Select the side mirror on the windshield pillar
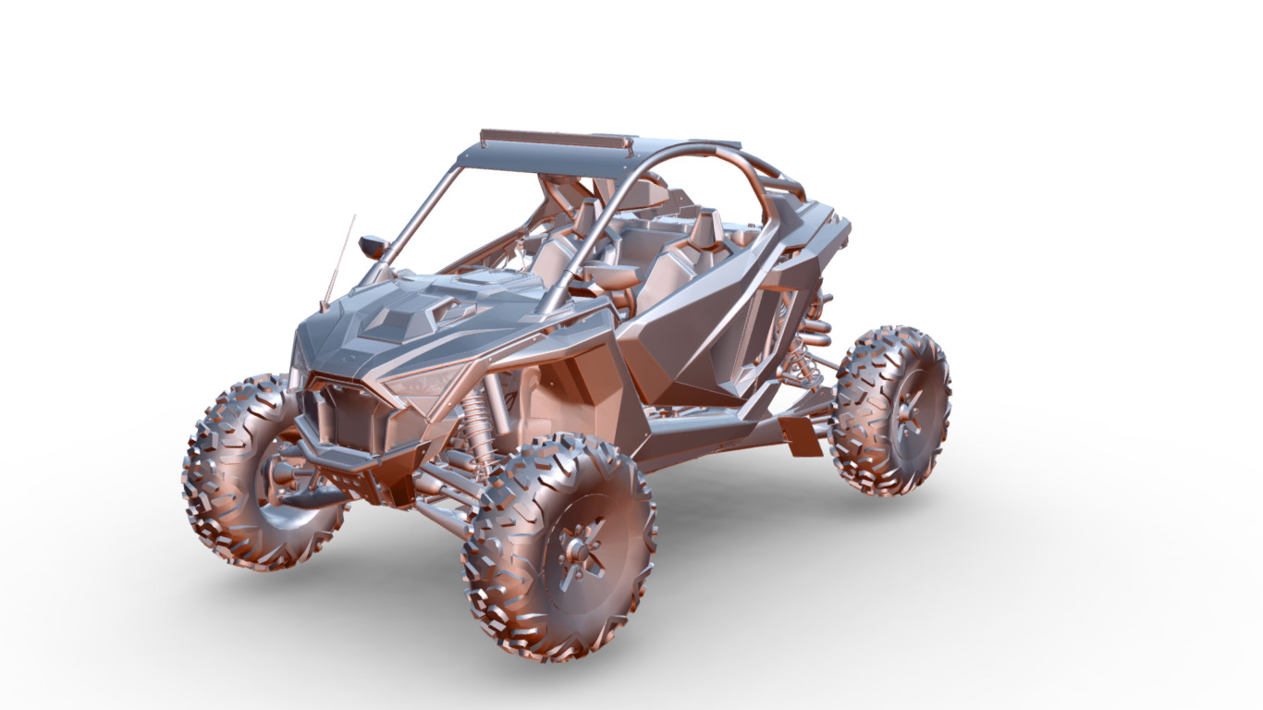(x=374, y=247)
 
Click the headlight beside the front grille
(x=421, y=380)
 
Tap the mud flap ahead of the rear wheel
(x=801, y=435)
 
